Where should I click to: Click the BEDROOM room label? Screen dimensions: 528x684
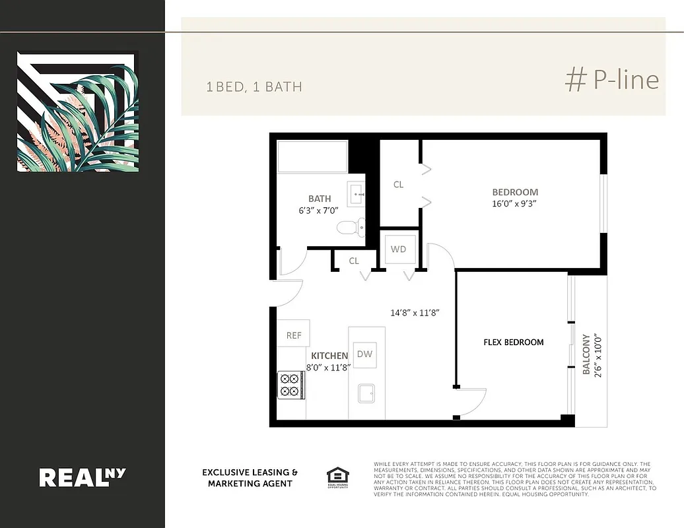coord(515,192)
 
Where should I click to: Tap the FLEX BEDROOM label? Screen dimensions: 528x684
coord(514,342)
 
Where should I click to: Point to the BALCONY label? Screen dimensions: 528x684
coord(586,354)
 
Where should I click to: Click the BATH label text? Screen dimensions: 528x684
coord(320,199)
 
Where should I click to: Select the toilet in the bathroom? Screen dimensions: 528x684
coord(347,228)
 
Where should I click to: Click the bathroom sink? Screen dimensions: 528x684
coord(357,192)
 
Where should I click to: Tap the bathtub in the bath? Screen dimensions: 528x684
coord(312,157)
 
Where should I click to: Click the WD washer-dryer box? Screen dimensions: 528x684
coord(399,249)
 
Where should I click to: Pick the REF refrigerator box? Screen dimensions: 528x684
coord(294,335)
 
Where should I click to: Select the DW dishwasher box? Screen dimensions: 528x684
coord(364,354)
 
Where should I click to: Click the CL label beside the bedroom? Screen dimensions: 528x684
coord(398,185)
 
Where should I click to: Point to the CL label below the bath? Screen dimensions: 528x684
coord(354,261)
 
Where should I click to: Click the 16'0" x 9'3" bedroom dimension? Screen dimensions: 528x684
coord(515,204)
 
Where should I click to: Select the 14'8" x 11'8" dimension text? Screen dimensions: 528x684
coord(415,313)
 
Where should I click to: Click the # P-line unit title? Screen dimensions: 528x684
coord(611,80)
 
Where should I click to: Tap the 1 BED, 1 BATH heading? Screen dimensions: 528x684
coord(254,87)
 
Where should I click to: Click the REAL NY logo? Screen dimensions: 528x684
coord(83,477)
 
